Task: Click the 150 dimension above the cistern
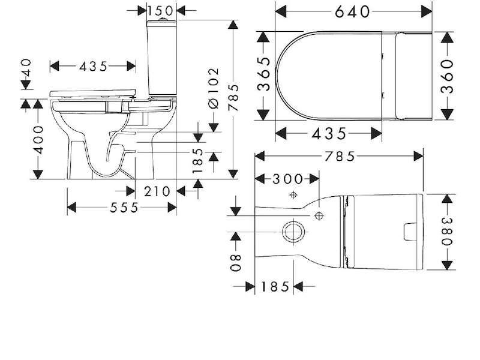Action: [160, 11]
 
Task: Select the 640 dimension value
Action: [352, 12]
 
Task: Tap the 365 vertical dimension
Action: [264, 74]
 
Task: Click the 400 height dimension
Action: [38, 139]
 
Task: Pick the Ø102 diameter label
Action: [214, 88]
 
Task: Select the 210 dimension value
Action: [157, 191]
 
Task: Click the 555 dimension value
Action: [124, 208]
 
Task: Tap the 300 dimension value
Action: [287, 179]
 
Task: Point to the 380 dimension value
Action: [447, 232]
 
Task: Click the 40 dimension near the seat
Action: [26, 67]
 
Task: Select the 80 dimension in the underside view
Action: [236, 263]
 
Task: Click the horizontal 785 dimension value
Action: [339, 157]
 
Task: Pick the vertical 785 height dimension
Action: [233, 97]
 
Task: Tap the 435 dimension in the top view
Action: [329, 134]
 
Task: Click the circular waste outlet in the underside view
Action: [293, 232]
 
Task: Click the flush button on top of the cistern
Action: [162, 19]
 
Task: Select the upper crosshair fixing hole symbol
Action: [293, 194]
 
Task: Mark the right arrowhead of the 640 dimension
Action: [427, 12]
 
